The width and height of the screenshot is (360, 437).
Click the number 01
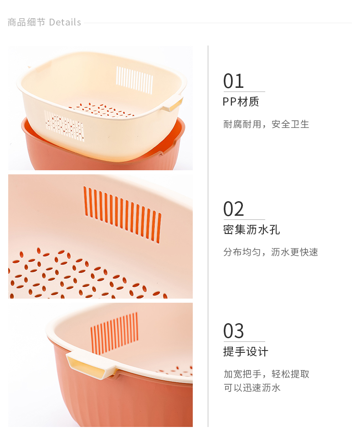click(233, 81)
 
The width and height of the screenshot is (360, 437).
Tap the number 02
click(233, 209)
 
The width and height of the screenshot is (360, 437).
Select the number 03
click(233, 331)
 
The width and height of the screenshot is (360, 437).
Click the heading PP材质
click(241, 102)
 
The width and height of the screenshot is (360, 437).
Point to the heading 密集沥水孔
click(251, 229)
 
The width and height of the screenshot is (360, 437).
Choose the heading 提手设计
click(246, 352)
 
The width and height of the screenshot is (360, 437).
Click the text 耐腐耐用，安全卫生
click(266, 124)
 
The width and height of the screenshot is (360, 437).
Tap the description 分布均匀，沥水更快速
click(270, 252)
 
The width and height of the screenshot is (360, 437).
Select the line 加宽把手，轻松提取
click(266, 374)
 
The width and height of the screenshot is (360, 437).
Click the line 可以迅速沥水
click(252, 388)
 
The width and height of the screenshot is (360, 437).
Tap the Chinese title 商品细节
click(26, 22)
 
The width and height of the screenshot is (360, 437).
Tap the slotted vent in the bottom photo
click(114, 333)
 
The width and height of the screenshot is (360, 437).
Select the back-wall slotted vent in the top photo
click(134, 80)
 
